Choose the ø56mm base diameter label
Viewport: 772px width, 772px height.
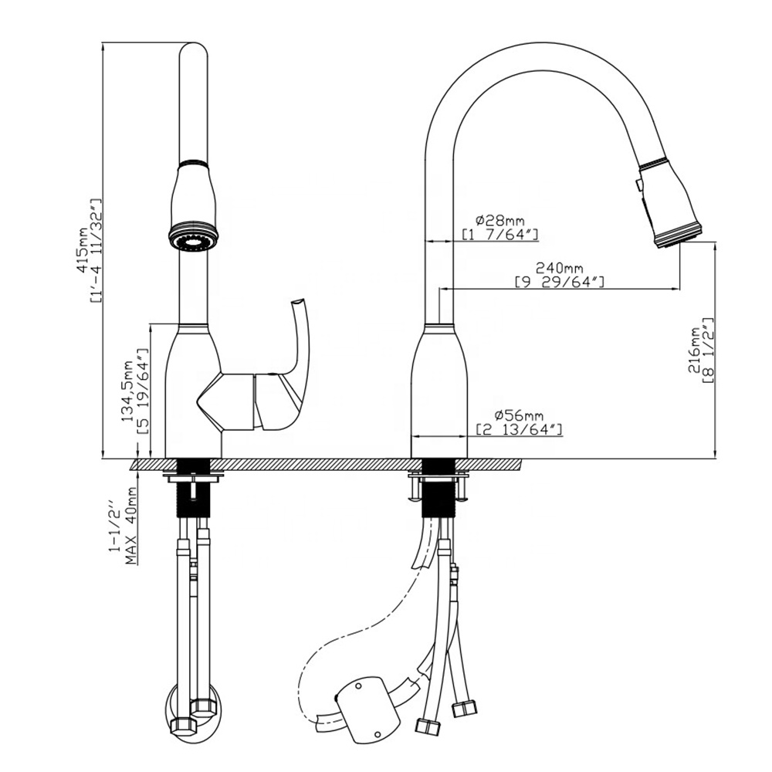coord(518,416)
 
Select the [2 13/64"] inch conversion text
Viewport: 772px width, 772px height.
coord(518,429)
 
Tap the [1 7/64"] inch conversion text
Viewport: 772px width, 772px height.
coord(499,234)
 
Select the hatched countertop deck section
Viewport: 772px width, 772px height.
coord(324,465)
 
